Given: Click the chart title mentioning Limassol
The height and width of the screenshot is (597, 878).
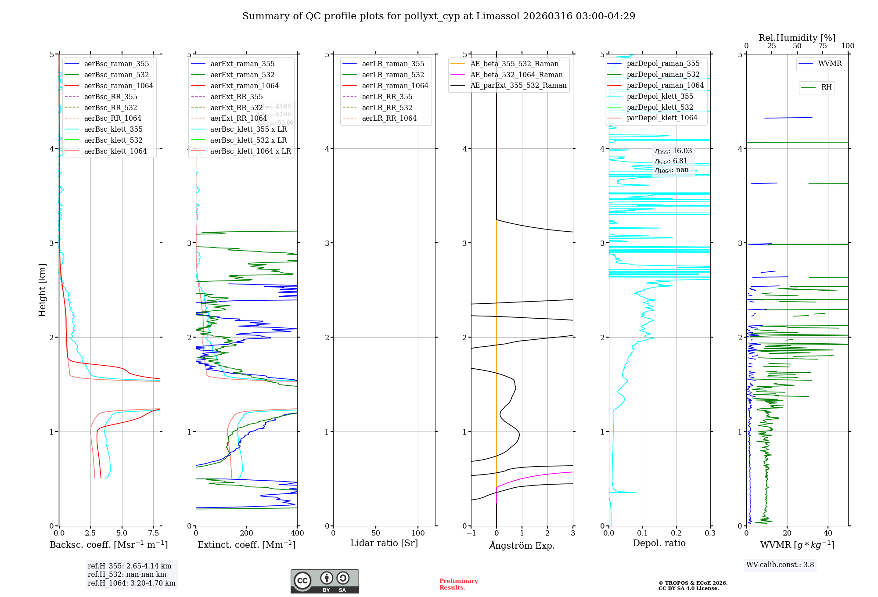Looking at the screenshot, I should (439, 16).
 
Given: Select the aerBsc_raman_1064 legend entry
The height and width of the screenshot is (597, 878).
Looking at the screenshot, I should (119, 86).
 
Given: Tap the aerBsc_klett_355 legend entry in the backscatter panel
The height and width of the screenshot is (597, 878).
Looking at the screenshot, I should (113, 129).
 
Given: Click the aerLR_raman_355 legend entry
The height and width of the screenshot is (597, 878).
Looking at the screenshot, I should (393, 64).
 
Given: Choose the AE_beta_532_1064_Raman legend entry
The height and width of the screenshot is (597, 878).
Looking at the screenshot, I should (516, 75).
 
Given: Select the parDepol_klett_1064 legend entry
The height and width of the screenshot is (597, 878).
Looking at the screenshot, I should (662, 118).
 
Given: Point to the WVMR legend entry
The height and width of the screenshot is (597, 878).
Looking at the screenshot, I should (830, 64).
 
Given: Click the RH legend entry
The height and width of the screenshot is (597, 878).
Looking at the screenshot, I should (826, 87).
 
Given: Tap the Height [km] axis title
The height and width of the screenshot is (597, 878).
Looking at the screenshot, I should (42, 290).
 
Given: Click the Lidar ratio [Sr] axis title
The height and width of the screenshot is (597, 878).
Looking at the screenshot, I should (384, 543).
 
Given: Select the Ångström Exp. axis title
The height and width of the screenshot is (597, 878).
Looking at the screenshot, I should (522, 545).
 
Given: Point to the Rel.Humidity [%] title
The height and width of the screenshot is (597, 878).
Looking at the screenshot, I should (797, 38).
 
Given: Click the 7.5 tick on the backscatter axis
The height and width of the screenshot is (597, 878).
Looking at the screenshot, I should (154, 533).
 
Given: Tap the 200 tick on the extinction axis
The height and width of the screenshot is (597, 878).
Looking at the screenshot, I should (247, 533).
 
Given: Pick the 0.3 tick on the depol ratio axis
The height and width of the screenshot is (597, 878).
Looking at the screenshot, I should (710, 533).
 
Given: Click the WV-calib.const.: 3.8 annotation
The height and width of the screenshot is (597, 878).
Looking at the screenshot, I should (780, 565).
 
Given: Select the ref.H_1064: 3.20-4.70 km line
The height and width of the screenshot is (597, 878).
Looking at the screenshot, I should (131, 583).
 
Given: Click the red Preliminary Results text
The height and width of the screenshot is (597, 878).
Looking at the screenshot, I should (458, 584).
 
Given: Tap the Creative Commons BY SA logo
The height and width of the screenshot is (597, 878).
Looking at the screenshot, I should (324, 581).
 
